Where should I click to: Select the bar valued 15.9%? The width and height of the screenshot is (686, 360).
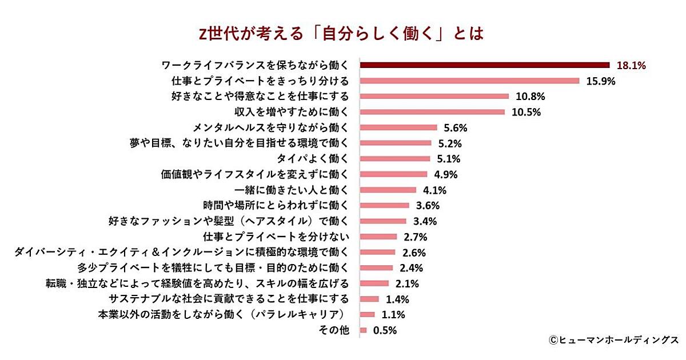point(469,81)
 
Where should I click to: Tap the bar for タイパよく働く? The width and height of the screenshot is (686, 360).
point(395,158)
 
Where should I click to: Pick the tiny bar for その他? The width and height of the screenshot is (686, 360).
point(364,330)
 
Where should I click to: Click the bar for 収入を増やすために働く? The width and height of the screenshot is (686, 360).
point(432,111)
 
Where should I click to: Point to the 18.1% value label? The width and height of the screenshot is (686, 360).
point(631,65)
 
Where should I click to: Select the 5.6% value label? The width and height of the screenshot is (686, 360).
point(456,127)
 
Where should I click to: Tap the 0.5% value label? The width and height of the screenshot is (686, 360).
point(385,330)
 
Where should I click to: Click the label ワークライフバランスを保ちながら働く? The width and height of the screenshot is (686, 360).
point(255,65)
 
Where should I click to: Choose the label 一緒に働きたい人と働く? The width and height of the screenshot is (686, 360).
point(292,190)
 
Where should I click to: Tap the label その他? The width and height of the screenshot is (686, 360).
point(333,330)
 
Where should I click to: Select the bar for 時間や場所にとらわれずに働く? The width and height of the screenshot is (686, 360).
point(385,205)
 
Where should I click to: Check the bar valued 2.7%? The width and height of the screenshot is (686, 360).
point(378,236)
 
